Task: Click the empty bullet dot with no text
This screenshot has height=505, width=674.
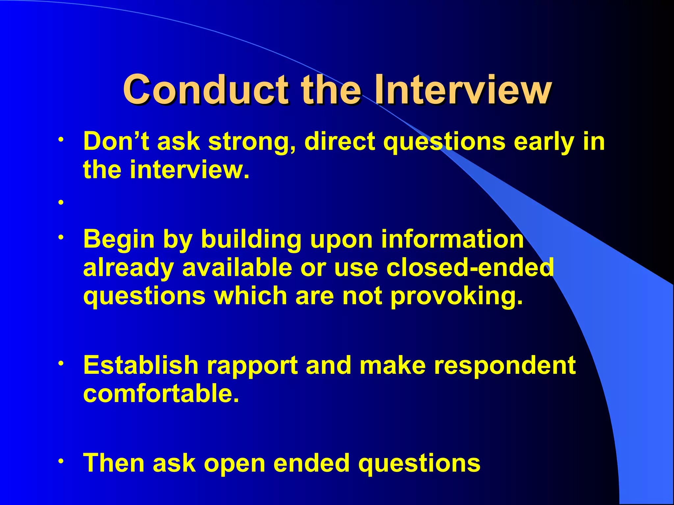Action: [61, 203]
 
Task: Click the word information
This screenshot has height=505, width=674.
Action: [453, 239]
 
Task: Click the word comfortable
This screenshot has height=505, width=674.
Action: [161, 394]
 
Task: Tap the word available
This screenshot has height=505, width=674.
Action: [237, 267]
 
